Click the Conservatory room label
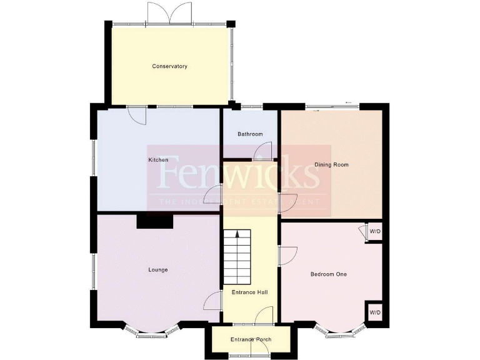click(x=169, y=66)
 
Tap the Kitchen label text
click(x=158, y=161)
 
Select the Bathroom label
click(x=250, y=134)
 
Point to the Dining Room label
click(x=331, y=165)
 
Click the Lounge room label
click(x=158, y=270)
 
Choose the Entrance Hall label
click(x=250, y=292)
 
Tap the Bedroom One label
click(x=328, y=274)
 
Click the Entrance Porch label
click(x=251, y=339)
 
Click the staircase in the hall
click(x=237, y=256)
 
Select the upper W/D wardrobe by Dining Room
click(x=374, y=232)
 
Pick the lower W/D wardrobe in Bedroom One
click(x=374, y=312)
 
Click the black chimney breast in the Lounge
click(x=154, y=221)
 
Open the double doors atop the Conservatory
click(x=169, y=12)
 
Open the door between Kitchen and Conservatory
click(x=136, y=114)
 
